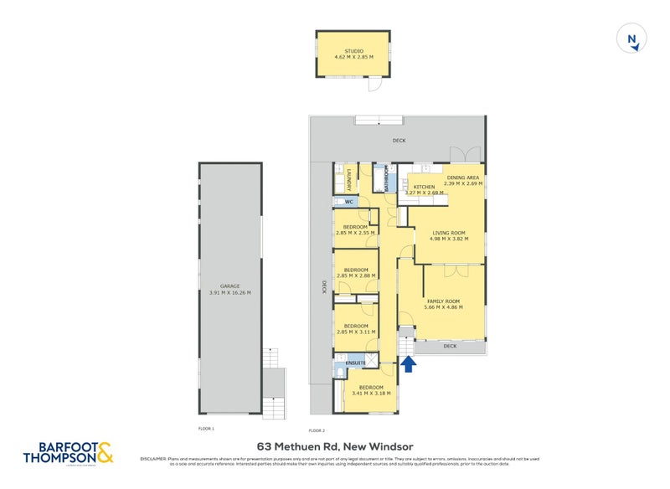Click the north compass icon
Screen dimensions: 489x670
[632, 39]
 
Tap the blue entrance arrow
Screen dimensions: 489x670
[408, 363]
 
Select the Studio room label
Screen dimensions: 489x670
[353, 50]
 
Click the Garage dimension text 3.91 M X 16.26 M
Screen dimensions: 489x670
[229, 292]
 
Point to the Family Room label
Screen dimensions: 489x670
[443, 301]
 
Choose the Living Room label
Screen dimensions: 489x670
[448, 234]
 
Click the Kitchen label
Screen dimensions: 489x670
[424, 187]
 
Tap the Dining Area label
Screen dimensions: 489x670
[462, 178]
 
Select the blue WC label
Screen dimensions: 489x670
[348, 202]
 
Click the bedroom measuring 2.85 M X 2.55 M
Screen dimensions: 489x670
[355, 229]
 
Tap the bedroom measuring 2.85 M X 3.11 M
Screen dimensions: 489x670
[355, 329]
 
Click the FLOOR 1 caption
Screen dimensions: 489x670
[207, 428]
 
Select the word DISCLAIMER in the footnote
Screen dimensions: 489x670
[154, 458]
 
